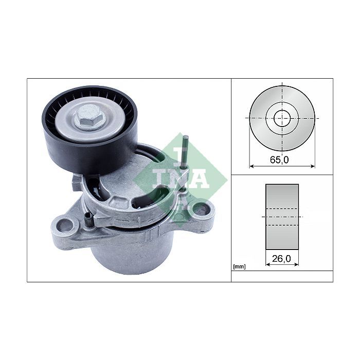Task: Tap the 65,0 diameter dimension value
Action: click(x=279, y=159)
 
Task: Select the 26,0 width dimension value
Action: click(x=281, y=259)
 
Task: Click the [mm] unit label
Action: click(x=239, y=266)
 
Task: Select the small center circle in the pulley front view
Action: click(x=282, y=118)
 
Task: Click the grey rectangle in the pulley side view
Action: click(x=282, y=217)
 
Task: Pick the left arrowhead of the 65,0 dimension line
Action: click(x=251, y=166)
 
